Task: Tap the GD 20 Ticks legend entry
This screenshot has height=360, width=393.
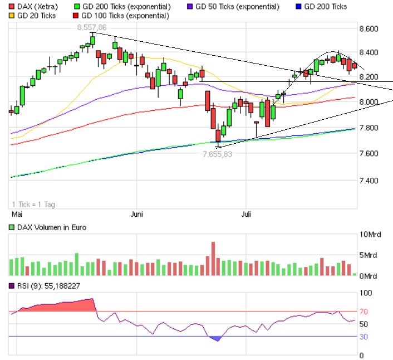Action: pos(33,16)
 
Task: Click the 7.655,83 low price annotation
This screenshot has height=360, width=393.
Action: pos(217,154)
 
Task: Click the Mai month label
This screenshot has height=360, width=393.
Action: pos(17,213)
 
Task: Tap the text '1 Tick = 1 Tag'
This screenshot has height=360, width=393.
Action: pos(33,204)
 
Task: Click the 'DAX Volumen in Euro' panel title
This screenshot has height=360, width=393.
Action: pos(47,227)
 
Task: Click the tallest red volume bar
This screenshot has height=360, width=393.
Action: pos(213,259)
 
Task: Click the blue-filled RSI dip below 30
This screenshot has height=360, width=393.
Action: pos(216,338)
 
